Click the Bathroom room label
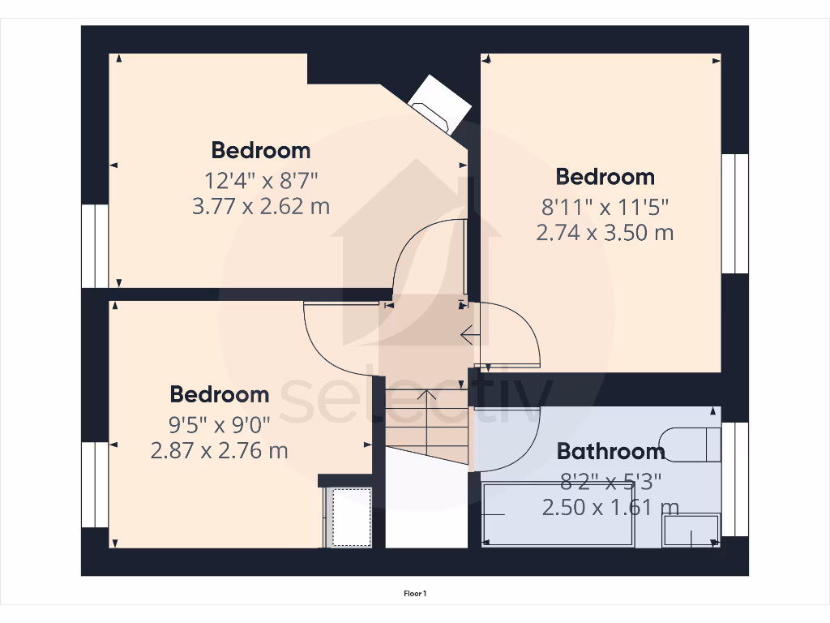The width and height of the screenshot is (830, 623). pos(611,451)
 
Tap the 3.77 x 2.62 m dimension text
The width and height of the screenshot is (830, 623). pos(260,205)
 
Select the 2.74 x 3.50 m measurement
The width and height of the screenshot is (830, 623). pos(605,233)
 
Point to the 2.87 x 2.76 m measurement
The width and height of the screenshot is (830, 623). pos(219,450)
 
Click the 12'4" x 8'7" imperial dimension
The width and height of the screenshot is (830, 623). pos(260,178)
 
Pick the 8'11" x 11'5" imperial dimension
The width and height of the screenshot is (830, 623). pos(605,205)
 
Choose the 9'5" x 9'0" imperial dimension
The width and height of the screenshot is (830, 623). pos(219,423)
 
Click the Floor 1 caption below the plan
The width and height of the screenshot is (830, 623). pos(415,595)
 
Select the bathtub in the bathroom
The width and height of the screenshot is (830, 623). pos(558,514)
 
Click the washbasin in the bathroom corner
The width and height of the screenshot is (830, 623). pos(691,530)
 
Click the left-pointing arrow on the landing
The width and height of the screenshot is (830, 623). pos(468,333)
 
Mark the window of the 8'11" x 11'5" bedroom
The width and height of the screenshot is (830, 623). pos(734,213)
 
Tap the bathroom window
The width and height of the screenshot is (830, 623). pos(734,479)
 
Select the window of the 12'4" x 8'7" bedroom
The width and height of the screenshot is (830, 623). pos(95,246)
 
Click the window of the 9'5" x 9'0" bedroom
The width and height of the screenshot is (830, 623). pos(95,484)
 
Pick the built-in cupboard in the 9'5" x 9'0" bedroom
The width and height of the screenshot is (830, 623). pos(349,517)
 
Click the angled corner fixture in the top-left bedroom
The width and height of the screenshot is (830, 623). pos(440,102)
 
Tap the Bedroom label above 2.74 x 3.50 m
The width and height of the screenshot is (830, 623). pos(605,177)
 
